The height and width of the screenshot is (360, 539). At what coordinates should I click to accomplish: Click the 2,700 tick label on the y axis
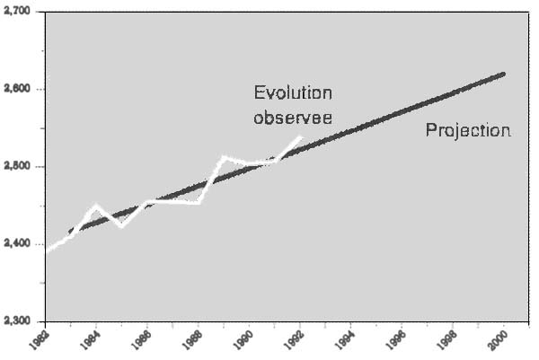tap(17, 13)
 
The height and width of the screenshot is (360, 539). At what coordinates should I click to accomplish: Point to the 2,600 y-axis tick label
tap(17, 90)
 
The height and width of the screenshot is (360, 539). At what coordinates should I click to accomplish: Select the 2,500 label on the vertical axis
tap(17, 167)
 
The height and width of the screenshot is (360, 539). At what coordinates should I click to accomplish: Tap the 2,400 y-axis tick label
tap(17, 244)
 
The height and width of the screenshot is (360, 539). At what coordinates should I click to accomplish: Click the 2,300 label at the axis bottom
tap(17, 320)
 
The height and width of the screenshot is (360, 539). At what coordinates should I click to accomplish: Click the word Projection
tap(468, 131)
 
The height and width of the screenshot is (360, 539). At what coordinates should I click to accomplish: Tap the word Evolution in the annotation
tap(293, 93)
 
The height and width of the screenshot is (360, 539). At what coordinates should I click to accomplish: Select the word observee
tap(293, 117)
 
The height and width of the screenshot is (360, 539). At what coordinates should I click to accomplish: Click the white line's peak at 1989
tap(224, 157)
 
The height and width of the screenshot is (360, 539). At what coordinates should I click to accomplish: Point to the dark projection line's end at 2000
tap(503, 74)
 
